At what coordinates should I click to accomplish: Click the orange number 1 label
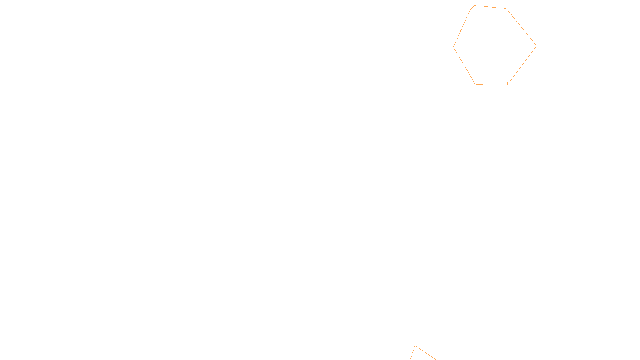507,84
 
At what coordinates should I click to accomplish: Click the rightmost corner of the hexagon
536,46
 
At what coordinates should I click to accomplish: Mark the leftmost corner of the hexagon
454,47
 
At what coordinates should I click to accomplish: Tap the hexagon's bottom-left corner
476,84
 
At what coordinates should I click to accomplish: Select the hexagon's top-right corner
506,8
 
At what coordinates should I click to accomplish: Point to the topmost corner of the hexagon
475,6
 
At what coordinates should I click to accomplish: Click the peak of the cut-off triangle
415,346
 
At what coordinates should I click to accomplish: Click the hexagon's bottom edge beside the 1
490,84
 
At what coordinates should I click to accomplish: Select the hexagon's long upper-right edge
521,27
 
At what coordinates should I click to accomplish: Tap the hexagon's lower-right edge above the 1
522,65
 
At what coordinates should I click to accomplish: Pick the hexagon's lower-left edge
464,66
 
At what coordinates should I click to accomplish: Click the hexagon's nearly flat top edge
490,7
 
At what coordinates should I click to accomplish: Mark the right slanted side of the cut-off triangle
426,352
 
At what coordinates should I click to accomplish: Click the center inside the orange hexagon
494,45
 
